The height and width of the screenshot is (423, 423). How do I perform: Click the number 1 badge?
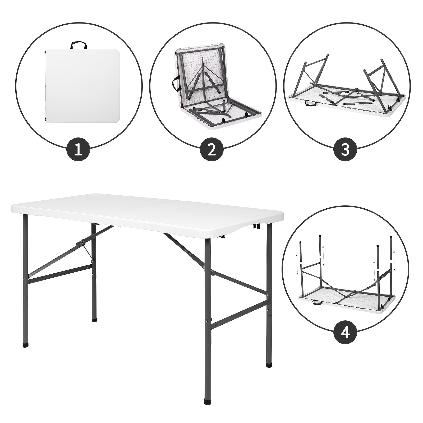tap(78, 150)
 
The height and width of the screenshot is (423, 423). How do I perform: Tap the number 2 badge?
tap(212, 150)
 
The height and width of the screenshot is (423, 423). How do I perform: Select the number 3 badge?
tap(346, 150)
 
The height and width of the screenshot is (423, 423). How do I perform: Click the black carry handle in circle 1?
tap(79, 45)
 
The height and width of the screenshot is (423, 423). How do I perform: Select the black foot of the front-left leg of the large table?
tap(26, 345)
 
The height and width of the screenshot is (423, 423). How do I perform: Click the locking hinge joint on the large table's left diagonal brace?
tap(83, 242)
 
